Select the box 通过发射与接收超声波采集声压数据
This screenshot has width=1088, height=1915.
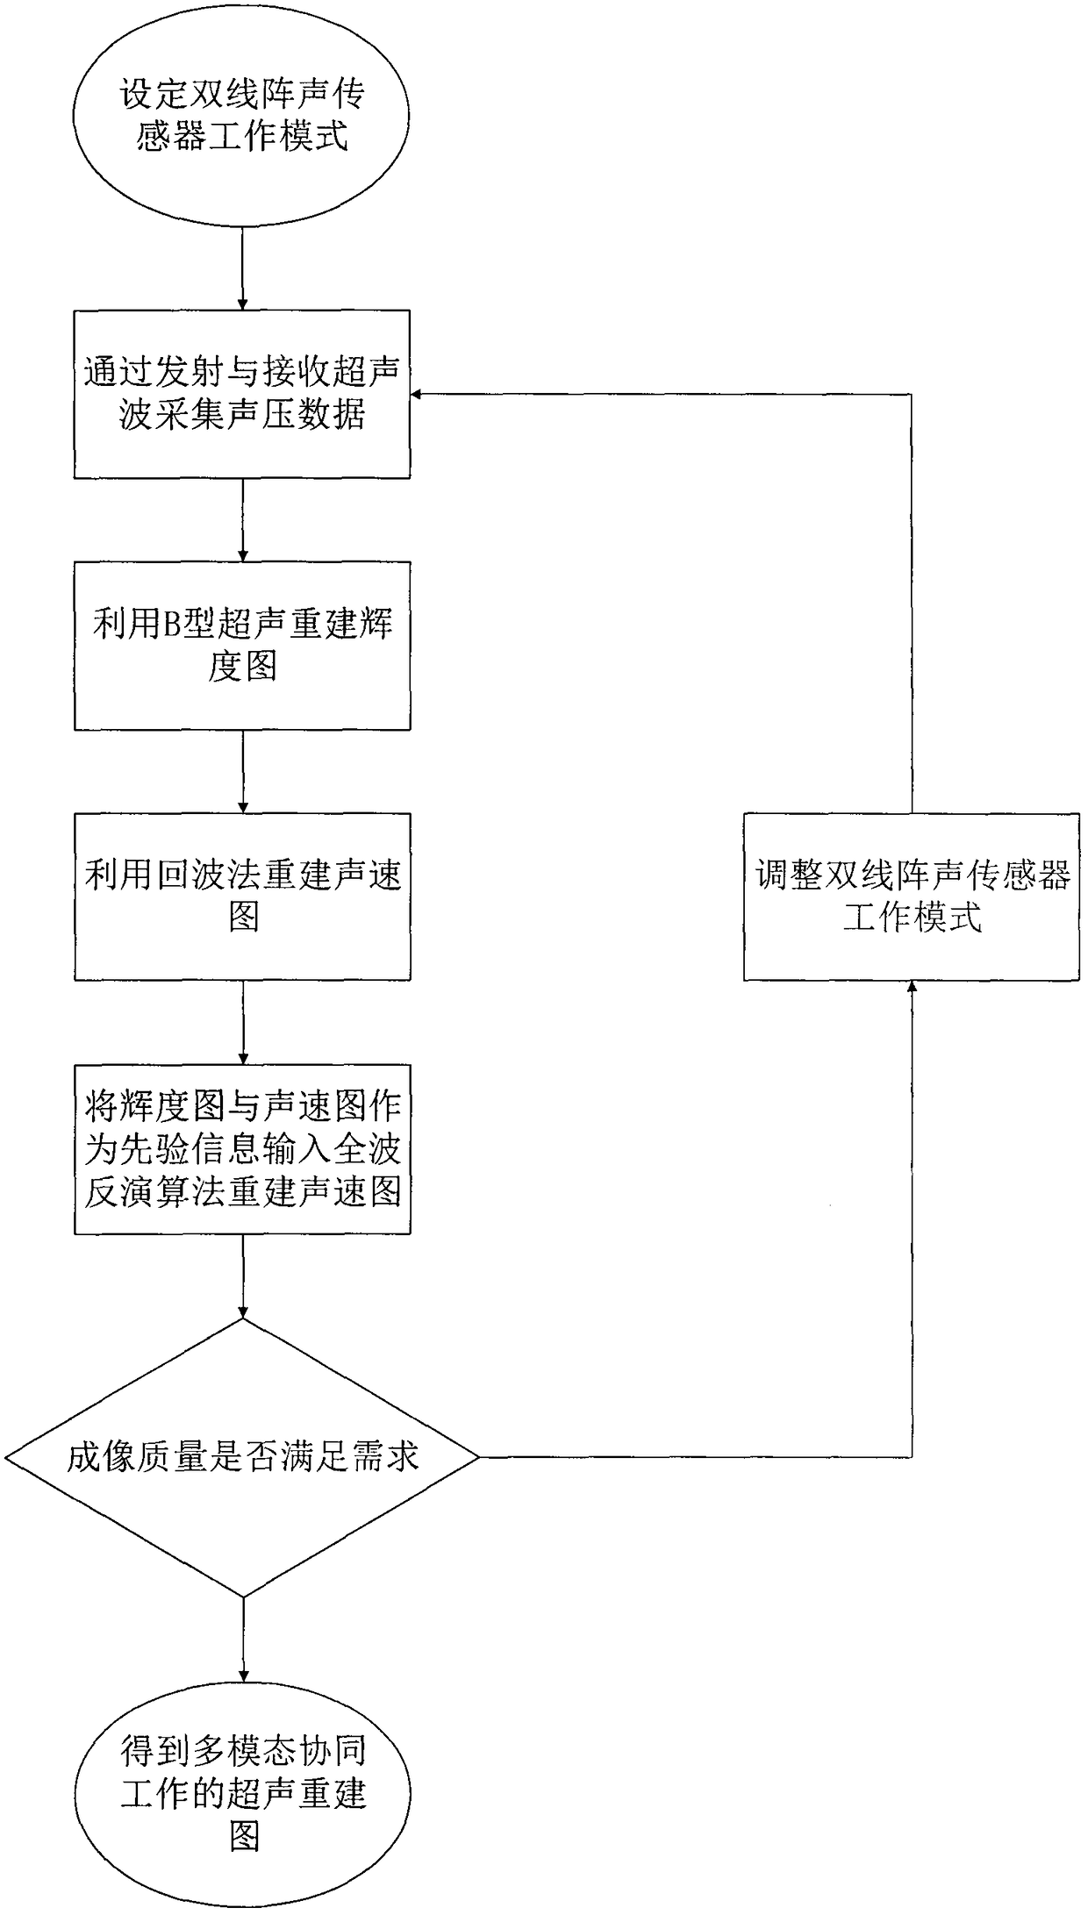[x=242, y=394]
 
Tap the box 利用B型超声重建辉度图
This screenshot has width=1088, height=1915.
[x=242, y=646]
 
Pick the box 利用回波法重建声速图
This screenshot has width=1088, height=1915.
[x=242, y=897]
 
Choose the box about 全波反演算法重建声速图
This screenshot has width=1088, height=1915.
[x=242, y=1149]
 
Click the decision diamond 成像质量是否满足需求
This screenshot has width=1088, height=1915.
[x=242, y=1458]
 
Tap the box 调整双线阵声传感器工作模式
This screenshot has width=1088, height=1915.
[x=912, y=897]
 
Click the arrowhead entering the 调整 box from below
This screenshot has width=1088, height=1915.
[x=912, y=988]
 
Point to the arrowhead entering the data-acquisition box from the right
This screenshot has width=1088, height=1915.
[x=419, y=394]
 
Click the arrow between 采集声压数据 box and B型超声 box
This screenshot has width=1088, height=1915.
[x=243, y=519]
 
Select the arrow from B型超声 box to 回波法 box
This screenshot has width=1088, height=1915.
[x=243, y=771]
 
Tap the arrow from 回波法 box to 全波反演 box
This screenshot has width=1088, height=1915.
[x=243, y=1022]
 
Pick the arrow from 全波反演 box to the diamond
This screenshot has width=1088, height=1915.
[x=243, y=1276]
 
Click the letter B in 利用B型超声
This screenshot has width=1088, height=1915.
[x=172, y=625]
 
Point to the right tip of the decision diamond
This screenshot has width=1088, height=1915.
[x=477, y=1458]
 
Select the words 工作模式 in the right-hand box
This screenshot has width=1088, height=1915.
[x=912, y=918]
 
